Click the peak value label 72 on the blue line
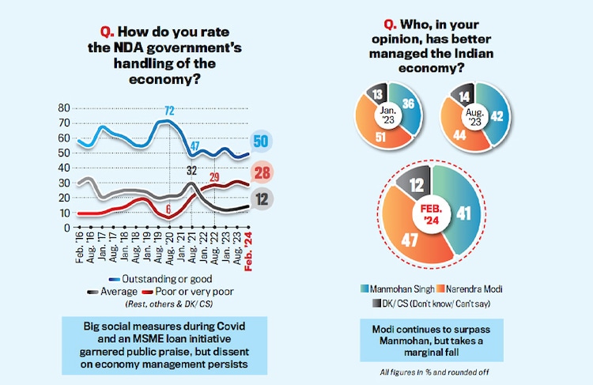(x=168, y=110)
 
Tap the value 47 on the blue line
(x=195, y=146)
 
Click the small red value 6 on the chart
(x=168, y=209)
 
